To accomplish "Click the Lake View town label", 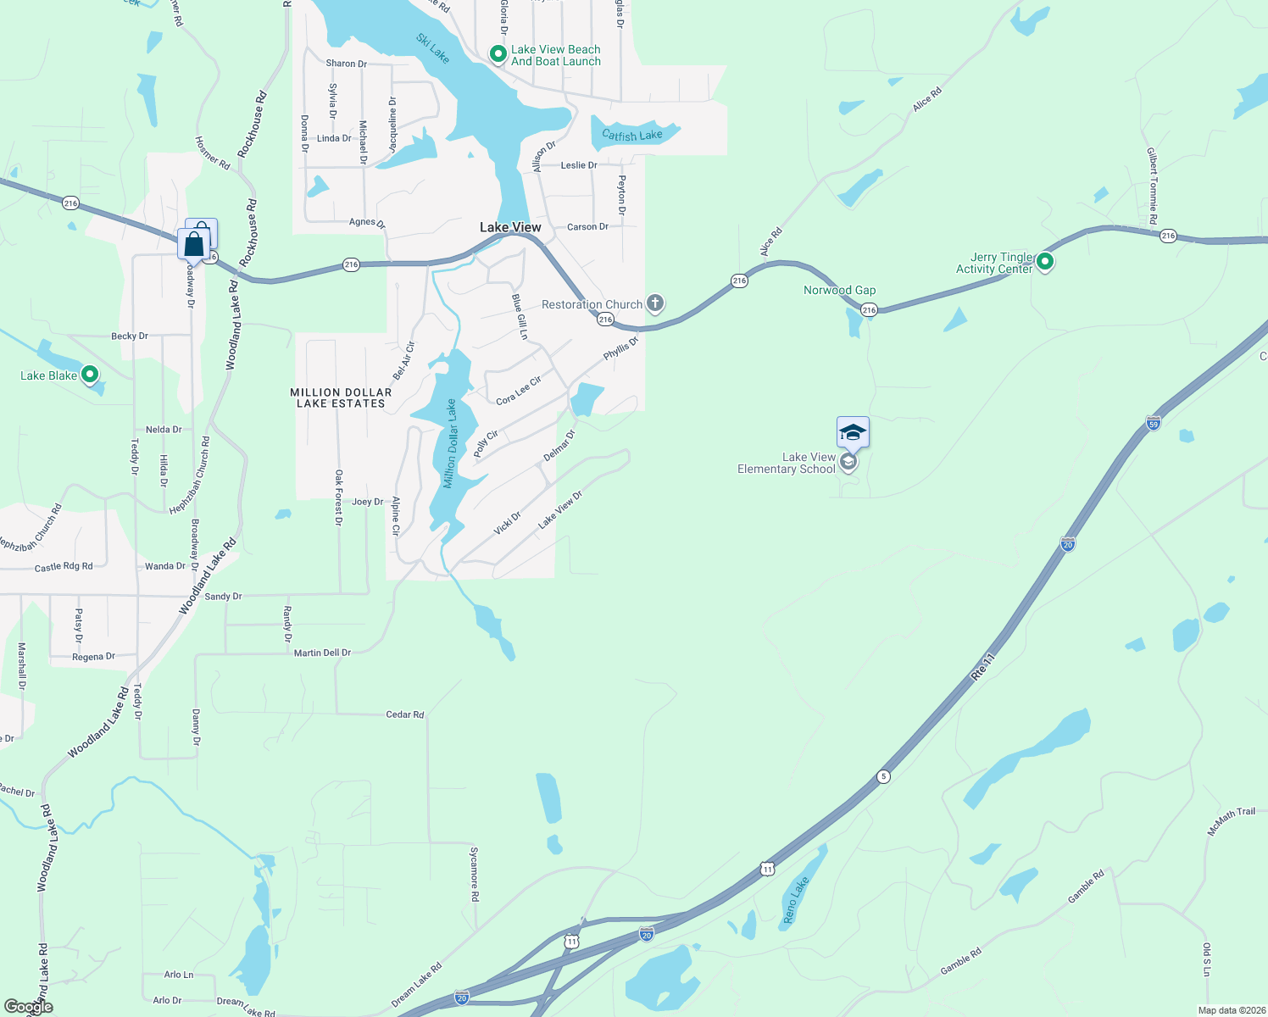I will point(510,227).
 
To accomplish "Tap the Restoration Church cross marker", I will point(654,303).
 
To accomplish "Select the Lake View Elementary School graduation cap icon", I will point(853,433).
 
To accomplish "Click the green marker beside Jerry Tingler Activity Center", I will point(1045,262).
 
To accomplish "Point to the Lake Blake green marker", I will point(90,375).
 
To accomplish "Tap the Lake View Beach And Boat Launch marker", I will point(498,55).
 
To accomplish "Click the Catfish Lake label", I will point(631,135).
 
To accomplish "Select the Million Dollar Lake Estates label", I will point(341,397).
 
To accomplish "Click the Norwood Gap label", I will point(839,290).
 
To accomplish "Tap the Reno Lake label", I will point(796,900).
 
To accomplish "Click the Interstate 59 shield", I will point(1153,423).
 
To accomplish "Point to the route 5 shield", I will point(883,776).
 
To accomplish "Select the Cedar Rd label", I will point(404,714).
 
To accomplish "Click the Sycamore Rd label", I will point(475,874).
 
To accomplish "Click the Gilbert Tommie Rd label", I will point(1153,185).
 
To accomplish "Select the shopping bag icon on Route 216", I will point(194,244).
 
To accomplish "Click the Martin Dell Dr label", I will point(322,653).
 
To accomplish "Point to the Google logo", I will point(29,1007).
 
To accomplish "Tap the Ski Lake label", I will point(432,47).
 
